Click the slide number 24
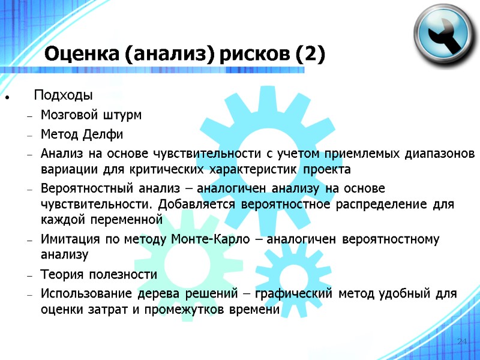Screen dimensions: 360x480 [x=461, y=341]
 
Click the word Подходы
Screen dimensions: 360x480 [x=63, y=95]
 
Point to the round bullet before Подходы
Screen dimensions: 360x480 [x=5, y=97]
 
